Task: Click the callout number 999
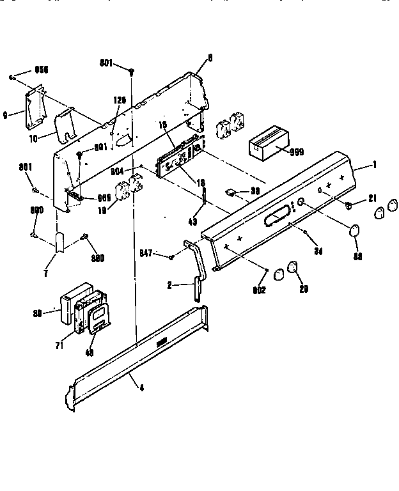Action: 297,152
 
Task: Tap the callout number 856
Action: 41,69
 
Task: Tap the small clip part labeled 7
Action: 60,244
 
